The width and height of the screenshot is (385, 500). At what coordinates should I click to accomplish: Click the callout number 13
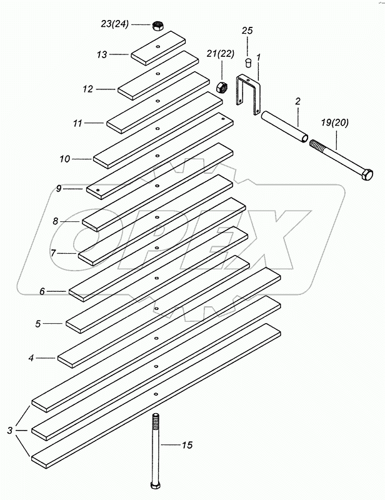[102, 54]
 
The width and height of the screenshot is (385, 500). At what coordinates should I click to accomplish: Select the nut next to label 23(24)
[157, 26]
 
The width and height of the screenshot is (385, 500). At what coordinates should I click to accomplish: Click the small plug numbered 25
[247, 62]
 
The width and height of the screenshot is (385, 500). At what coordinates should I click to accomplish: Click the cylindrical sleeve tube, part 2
[284, 127]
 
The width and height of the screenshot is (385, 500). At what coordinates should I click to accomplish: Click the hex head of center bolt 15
[156, 484]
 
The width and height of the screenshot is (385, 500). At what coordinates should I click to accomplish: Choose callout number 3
[9, 430]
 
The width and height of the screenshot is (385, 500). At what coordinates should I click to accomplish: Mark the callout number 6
[42, 291]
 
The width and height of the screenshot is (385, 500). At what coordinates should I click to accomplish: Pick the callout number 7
[54, 253]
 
